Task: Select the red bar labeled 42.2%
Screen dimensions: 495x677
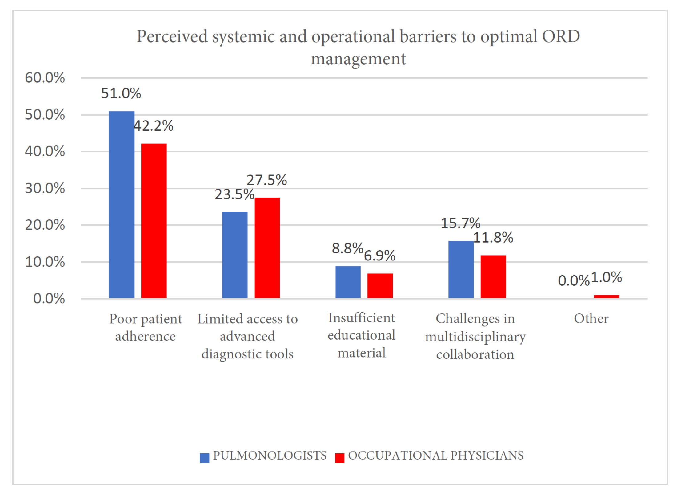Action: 154,221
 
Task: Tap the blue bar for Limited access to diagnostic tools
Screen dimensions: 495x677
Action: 235,255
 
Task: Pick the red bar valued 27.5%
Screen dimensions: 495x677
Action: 267,248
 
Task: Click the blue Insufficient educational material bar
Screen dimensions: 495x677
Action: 348,282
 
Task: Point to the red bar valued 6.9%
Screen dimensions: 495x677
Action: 380,286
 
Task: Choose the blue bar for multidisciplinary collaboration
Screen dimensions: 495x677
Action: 461,269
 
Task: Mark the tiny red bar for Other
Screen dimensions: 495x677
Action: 607,297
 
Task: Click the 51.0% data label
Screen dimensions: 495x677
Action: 121,93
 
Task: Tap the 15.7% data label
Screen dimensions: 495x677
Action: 460,223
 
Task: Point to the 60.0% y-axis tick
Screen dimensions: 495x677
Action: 45,78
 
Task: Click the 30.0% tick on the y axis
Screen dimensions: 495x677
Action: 45,188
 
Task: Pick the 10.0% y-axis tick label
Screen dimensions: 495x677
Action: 45,262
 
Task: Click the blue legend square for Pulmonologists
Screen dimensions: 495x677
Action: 204,458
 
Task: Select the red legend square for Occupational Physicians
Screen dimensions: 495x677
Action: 340,458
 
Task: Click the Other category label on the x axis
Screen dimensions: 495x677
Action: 591,318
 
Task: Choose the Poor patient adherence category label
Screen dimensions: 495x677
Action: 146,327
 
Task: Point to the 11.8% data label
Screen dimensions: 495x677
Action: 493,238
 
